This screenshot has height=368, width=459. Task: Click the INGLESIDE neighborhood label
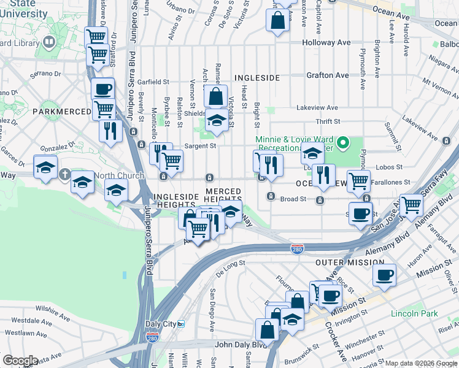(257, 78)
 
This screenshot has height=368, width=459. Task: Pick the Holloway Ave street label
(326, 43)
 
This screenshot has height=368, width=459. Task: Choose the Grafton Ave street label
(328, 75)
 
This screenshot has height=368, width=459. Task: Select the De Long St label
(230, 263)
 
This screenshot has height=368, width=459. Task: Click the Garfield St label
(153, 82)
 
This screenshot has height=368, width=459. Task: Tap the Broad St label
(293, 199)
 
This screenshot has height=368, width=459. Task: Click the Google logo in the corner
(20, 361)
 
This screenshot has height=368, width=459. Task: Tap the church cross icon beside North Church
(64, 175)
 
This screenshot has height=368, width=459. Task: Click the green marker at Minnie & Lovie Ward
(344, 145)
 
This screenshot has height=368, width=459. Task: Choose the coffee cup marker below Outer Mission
(384, 275)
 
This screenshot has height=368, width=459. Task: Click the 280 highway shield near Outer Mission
(296, 248)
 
